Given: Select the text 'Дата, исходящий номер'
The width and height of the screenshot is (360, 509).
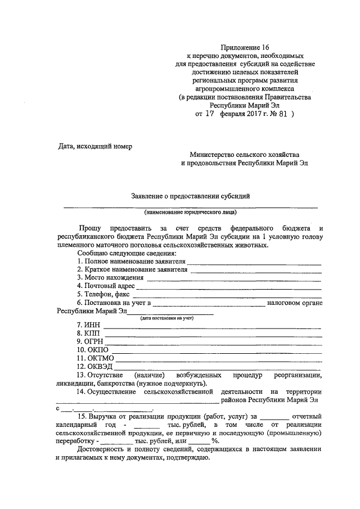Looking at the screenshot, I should tap(95, 146).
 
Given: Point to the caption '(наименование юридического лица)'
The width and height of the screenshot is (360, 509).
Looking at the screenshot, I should tap(190, 213).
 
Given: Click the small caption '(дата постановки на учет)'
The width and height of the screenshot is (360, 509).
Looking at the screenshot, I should tap(167, 318).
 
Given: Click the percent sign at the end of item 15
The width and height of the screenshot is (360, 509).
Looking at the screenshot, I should tap(214, 442).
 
